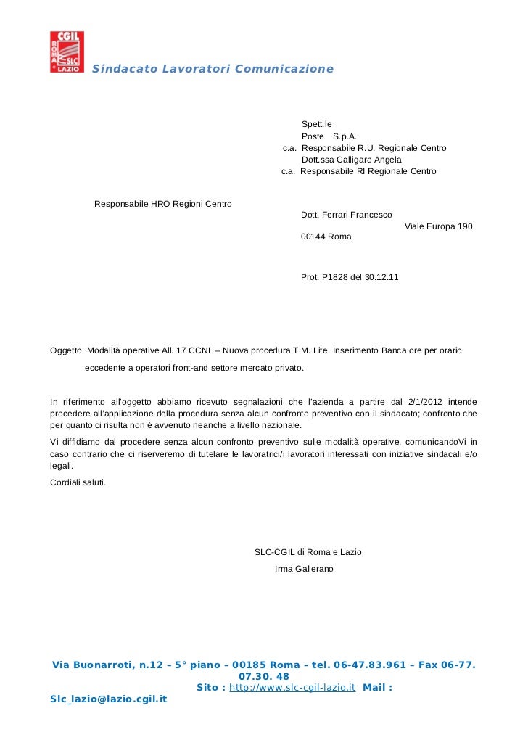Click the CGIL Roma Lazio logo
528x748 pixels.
(67, 52)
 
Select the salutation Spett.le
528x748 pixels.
(316, 124)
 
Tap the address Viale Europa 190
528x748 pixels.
(438, 226)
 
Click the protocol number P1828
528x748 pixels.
(333, 277)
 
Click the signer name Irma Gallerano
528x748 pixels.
(305, 569)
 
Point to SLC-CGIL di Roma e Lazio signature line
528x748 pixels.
(308, 552)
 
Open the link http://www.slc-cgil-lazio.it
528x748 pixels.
(292, 686)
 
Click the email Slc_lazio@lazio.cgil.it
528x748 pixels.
(108, 699)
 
